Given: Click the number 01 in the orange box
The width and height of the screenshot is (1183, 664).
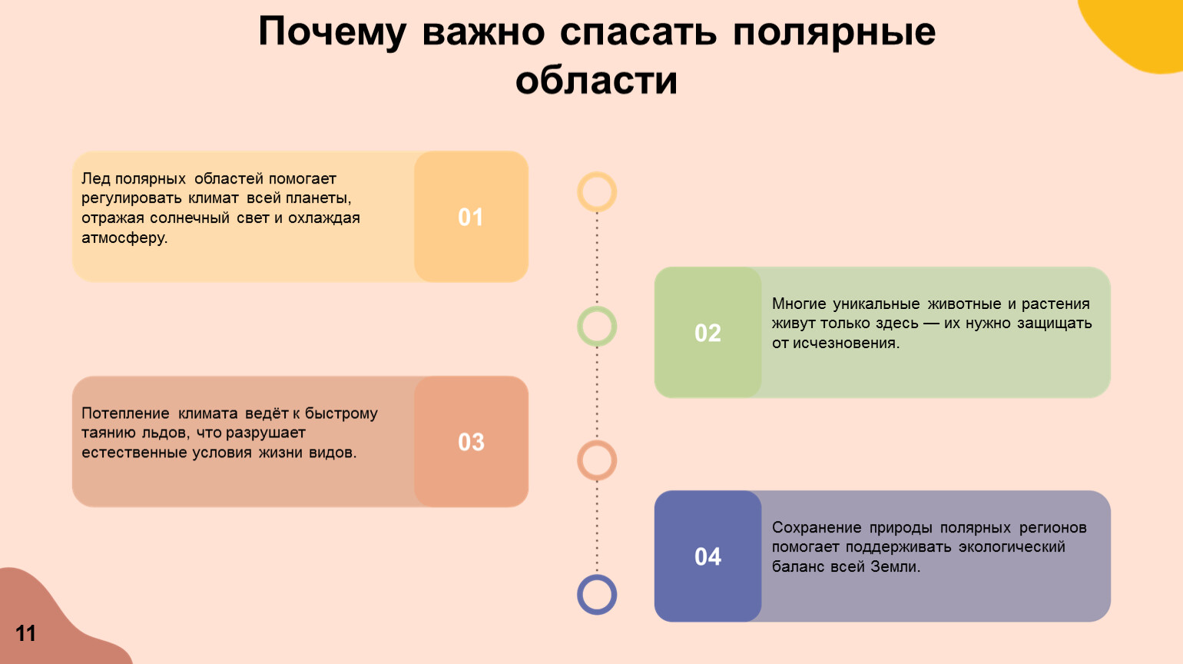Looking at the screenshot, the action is (471, 217).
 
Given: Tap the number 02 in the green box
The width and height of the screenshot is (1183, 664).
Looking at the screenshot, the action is (707, 333).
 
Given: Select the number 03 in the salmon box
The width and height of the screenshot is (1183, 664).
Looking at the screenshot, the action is (471, 442).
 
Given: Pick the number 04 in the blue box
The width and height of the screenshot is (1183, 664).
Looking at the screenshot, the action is (707, 556).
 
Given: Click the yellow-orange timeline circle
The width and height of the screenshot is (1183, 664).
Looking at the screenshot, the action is (597, 174).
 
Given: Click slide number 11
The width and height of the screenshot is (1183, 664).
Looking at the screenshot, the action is (25, 632).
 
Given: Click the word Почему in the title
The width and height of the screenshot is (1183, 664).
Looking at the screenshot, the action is (332, 32).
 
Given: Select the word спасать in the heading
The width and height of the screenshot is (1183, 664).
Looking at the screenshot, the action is (638, 32).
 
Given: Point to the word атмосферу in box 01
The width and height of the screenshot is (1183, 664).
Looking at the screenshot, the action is (124, 238).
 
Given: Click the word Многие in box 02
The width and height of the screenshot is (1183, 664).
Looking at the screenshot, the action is (799, 304).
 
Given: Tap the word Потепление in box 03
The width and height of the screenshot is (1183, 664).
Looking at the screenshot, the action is (125, 413).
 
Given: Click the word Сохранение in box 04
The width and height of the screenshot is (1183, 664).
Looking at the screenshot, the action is (817, 528).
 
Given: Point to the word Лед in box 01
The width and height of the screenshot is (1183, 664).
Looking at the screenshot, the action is (94, 178).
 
